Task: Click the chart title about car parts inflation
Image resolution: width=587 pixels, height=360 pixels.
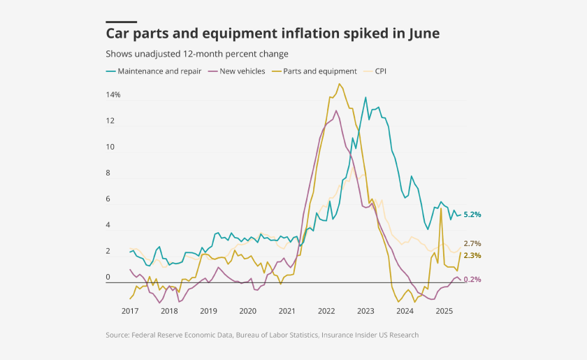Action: click(273, 34)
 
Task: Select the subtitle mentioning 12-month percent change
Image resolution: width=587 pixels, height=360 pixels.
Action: click(197, 54)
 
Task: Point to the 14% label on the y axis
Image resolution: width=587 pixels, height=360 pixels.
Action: click(113, 94)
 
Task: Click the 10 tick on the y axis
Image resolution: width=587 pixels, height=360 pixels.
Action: click(110, 147)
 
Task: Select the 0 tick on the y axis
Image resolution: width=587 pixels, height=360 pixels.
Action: click(108, 278)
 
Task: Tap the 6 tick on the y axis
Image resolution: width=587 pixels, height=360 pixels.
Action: click(108, 199)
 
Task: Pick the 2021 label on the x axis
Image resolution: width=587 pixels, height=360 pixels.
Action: click(287, 310)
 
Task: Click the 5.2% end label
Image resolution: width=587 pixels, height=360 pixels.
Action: click(472, 215)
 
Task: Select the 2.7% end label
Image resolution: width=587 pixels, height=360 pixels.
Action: click(472, 243)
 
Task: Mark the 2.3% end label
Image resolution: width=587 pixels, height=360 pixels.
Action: click(472, 256)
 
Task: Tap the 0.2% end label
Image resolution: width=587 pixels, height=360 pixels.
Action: click(472, 280)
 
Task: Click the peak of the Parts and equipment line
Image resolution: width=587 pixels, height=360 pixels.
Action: click(340, 84)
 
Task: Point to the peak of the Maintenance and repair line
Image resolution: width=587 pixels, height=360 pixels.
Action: click(365, 97)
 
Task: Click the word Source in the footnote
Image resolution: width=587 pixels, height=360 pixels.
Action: click(117, 335)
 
